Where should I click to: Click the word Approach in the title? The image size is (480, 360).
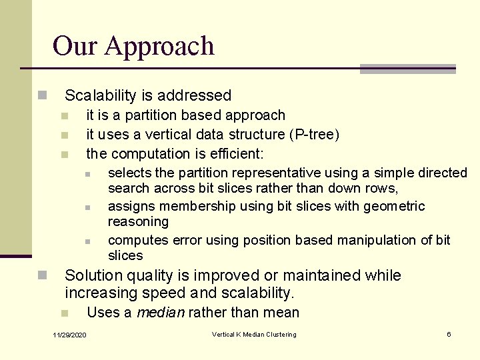tap(159, 47)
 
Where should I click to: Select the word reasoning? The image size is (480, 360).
tap(138, 221)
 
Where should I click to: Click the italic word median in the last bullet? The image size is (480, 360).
tap(161, 313)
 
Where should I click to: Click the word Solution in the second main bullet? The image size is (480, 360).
tap(94, 275)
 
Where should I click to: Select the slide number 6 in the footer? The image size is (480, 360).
tap(449, 335)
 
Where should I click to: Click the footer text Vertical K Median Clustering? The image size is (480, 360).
tap(254, 335)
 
